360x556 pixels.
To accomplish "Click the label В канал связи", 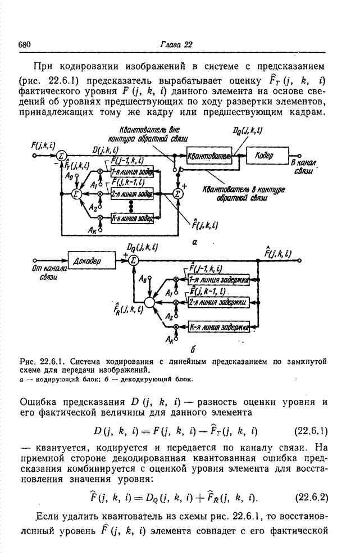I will [x=304, y=166].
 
